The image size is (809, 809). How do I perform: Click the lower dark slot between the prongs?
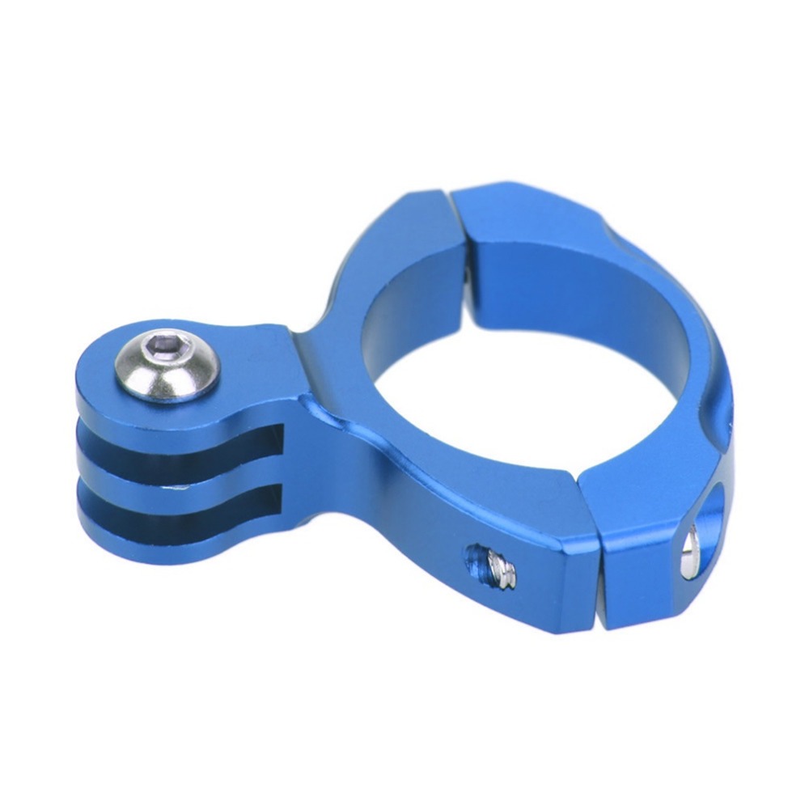(202, 502)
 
